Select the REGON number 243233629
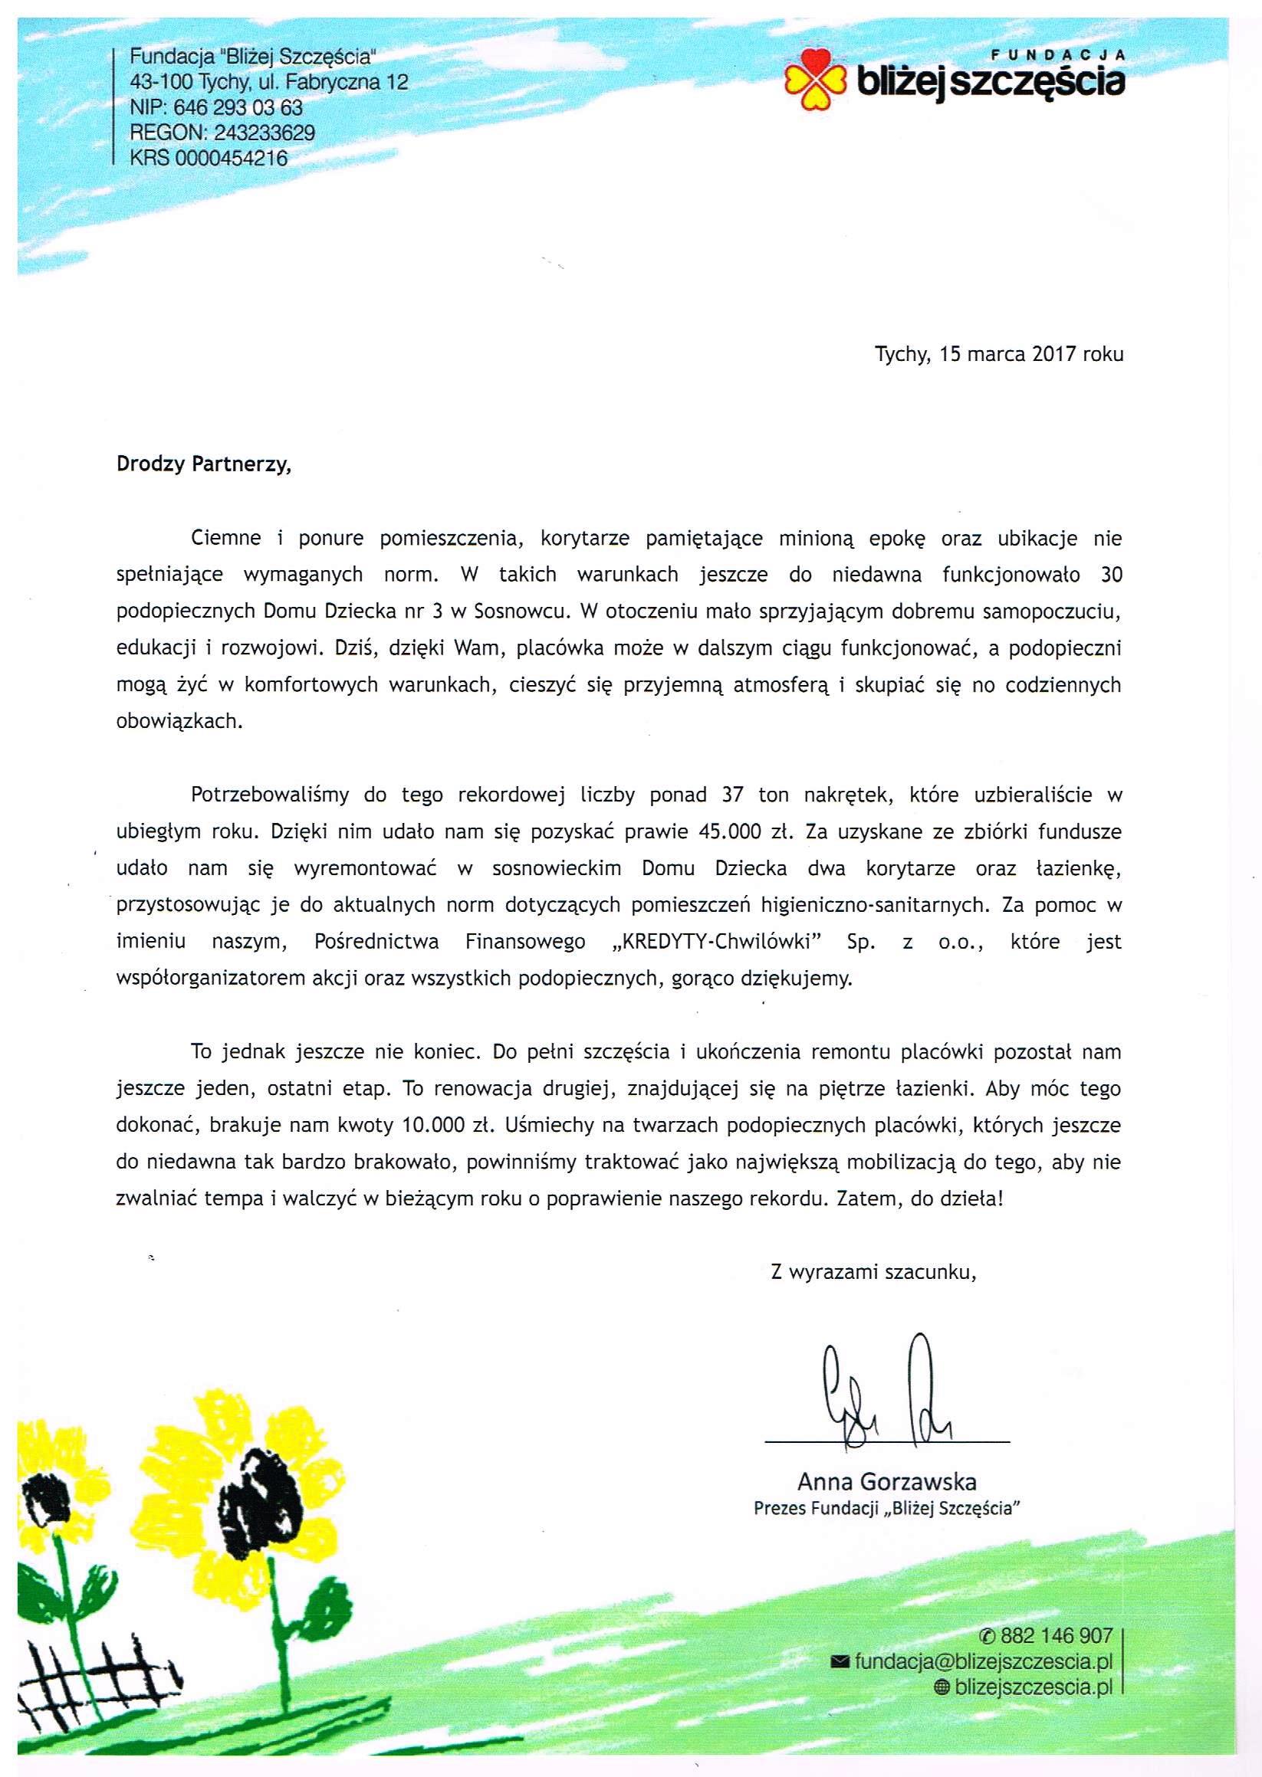265,133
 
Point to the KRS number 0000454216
232,159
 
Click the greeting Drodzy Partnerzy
204,464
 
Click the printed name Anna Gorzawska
886,1482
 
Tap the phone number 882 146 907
1057,1637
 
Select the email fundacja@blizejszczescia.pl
983,1661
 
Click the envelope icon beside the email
840,1662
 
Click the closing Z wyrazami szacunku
873,1272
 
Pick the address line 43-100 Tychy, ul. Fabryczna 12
269,82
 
